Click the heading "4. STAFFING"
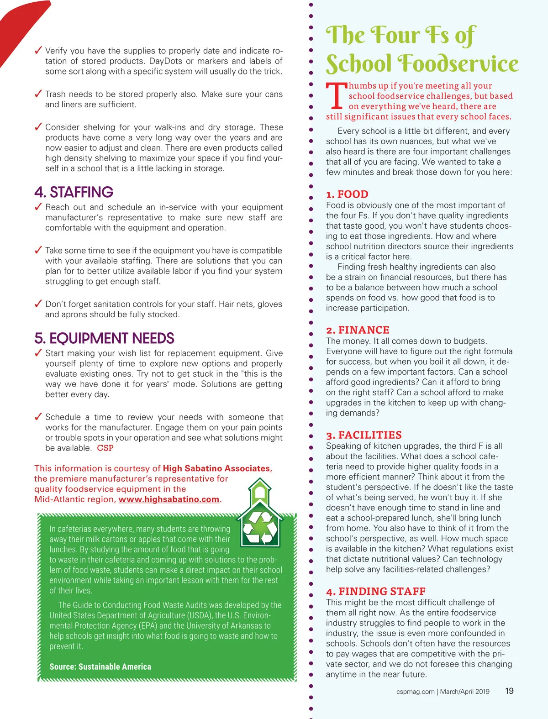point(74,192)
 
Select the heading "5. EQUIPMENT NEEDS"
point(104,338)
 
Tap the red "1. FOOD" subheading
point(347,194)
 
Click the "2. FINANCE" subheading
point(358,330)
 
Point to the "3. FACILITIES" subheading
point(364,435)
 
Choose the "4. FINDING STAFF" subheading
point(376,592)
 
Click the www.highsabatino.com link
point(169,499)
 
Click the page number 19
point(509,691)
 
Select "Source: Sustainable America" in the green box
point(100,667)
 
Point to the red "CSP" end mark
point(105,448)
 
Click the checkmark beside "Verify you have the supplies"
point(39,50)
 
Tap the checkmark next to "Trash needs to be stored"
point(39,94)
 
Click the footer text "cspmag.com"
point(415,692)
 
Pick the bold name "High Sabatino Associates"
point(216,468)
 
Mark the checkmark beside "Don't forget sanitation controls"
point(39,304)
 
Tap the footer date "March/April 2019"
point(464,692)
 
